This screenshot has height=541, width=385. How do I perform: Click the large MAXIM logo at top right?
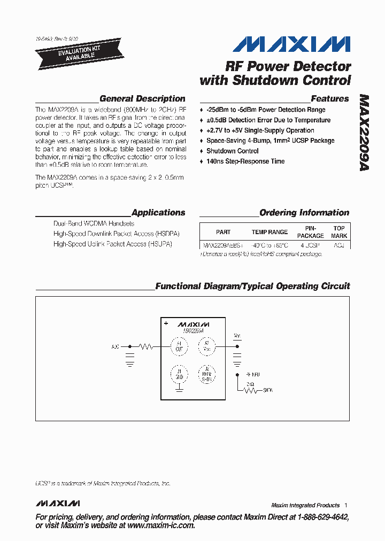point(292,44)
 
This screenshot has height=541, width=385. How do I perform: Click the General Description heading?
point(142,98)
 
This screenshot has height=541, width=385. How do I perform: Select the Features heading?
point(329,98)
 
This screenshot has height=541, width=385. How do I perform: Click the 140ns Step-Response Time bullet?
point(245,161)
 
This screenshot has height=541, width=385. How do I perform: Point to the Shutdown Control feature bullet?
point(232,151)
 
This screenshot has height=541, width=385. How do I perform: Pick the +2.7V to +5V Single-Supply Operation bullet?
point(260,130)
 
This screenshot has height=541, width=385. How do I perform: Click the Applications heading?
point(158,212)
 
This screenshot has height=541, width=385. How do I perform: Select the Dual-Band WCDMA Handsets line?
point(94,223)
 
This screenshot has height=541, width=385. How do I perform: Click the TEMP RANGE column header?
point(269,232)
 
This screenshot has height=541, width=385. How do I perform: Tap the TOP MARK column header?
point(339,232)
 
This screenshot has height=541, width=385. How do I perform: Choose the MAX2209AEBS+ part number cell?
point(223,245)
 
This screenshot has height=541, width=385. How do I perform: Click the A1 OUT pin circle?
point(179,346)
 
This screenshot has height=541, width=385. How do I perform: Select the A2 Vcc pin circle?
point(207,346)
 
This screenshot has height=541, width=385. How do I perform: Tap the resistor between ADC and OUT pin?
point(146,346)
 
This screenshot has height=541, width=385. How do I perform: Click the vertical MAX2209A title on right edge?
point(364,133)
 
